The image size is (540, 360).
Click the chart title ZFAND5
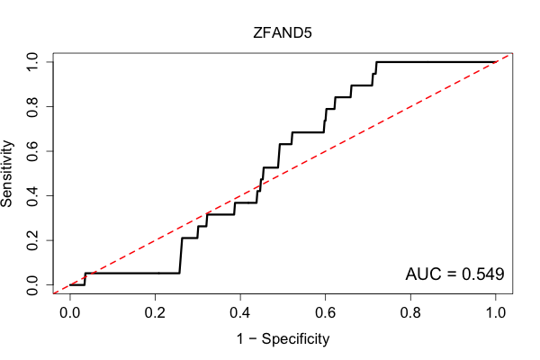283,33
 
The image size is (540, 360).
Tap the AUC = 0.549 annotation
454,274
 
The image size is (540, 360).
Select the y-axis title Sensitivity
6,174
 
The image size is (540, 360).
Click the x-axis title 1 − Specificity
283,339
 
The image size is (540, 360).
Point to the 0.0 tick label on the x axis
70,313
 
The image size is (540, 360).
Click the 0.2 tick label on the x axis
155,313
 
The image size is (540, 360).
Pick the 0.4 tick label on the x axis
240,313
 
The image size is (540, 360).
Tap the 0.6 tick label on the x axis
325,313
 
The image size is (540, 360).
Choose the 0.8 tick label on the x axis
410,313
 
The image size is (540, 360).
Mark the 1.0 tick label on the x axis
496,313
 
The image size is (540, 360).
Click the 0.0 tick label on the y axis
32,285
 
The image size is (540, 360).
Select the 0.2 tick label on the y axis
32,240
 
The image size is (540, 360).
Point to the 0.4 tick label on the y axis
32,195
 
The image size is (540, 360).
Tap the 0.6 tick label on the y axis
32,151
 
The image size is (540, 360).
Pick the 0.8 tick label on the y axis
32,107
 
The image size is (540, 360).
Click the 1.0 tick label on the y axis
32,62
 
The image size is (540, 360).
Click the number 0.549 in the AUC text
482,274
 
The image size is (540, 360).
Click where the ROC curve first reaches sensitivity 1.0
377,62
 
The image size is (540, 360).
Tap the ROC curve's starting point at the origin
70,285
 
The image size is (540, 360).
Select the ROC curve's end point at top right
496,62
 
